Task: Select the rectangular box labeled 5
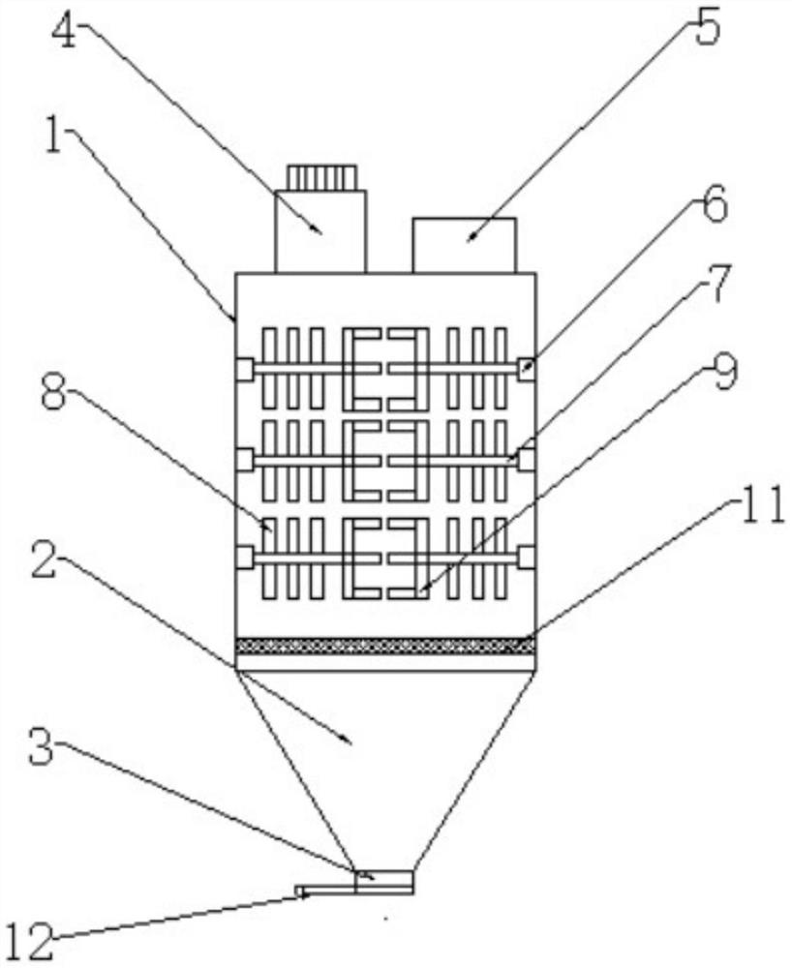click(464, 245)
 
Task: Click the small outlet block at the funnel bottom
click(384, 881)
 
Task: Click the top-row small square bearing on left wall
click(244, 369)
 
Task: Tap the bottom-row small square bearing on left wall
click(244, 558)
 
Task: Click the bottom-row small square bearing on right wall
click(526, 557)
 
